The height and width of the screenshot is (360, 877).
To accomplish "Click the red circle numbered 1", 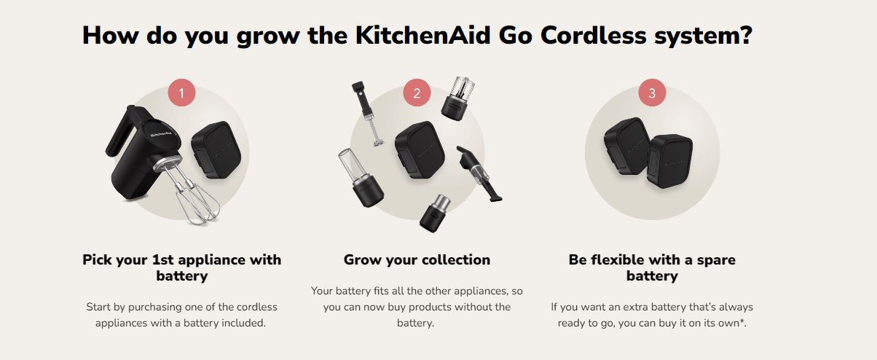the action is (181, 93).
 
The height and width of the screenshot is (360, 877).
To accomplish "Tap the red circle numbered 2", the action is (417, 93).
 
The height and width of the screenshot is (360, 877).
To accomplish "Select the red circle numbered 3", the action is (652, 93).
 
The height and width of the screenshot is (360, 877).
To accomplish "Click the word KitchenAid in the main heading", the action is (422, 35).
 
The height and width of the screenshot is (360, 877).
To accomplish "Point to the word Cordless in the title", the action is (593, 35).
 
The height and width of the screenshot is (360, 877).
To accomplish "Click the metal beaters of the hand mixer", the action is (195, 197).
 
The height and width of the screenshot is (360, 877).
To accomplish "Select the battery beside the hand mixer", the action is (216, 149).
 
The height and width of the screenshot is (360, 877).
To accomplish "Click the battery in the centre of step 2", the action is (420, 149).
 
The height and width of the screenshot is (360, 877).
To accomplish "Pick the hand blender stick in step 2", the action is (367, 114).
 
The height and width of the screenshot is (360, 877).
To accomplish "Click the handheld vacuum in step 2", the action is (479, 173).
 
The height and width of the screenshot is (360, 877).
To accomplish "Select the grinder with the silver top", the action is (436, 213).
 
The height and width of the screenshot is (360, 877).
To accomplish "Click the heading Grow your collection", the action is (417, 260).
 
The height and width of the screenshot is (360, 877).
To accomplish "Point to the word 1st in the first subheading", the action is (161, 259).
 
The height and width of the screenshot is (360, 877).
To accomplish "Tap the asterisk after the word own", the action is (742, 321).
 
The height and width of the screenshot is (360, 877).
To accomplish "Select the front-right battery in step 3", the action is (669, 161).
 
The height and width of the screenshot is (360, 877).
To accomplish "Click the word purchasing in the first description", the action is (155, 307).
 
